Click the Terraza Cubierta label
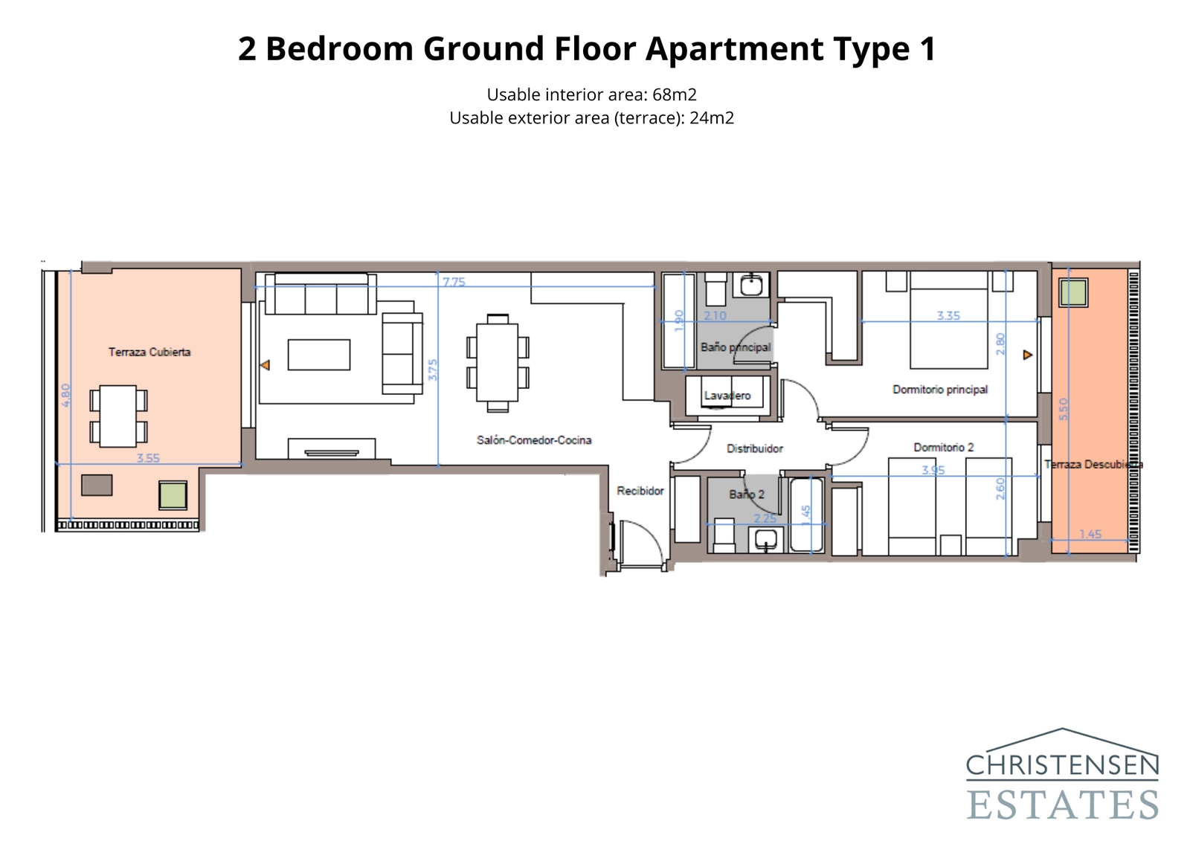tap(149, 352)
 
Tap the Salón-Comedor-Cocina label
tap(534, 440)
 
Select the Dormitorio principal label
tap(940, 390)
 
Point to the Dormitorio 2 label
tap(943, 448)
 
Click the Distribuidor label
tap(754, 448)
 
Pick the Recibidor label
tap(640, 491)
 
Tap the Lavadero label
tap(727, 396)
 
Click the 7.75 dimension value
tap(454, 282)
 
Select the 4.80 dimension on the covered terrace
tap(65, 394)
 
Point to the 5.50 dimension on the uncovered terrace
tap(1063, 409)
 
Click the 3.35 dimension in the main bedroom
tap(948, 315)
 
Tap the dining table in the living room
tap(498, 362)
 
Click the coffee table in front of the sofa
tap(319, 355)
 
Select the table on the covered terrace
tap(118, 416)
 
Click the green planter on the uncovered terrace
tap(1073, 292)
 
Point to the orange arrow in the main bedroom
tap(1027, 355)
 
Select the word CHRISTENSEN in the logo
tap(1062, 764)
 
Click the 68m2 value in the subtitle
tap(674, 94)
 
